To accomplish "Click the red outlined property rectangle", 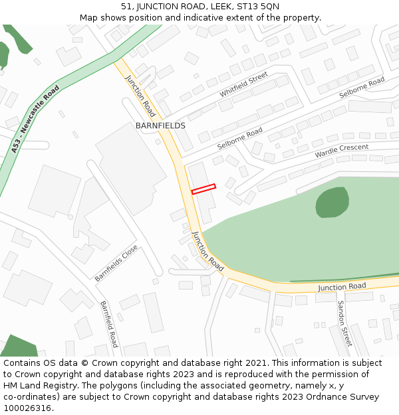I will (203, 189).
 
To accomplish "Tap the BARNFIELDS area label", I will (160, 125).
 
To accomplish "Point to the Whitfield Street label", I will (243, 84).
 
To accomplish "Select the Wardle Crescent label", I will (341, 151).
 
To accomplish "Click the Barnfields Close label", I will (116, 263).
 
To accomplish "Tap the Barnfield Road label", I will (109, 324).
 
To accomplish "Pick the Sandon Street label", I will (344, 323).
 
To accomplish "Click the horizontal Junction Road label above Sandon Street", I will (342, 287).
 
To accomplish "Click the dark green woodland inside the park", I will (332, 202).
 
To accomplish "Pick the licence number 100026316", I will (27, 408).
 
